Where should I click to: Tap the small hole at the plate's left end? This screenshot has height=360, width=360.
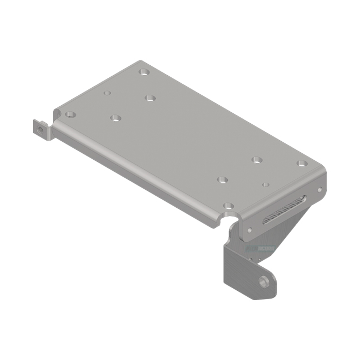point(107,93)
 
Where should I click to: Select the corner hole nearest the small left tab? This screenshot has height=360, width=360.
point(71,114)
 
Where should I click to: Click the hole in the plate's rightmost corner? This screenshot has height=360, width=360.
point(302,163)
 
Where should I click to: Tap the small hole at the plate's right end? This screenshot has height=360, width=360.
point(265,184)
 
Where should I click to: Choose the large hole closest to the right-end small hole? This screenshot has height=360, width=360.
point(256,159)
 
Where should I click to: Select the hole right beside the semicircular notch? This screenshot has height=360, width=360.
point(229,206)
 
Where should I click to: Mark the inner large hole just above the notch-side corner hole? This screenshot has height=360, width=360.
point(222,180)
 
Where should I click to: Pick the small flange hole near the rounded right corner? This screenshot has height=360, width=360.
point(319,190)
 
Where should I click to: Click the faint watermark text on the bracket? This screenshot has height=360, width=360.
point(258,249)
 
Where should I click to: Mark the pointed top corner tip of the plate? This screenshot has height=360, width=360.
point(140,61)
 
